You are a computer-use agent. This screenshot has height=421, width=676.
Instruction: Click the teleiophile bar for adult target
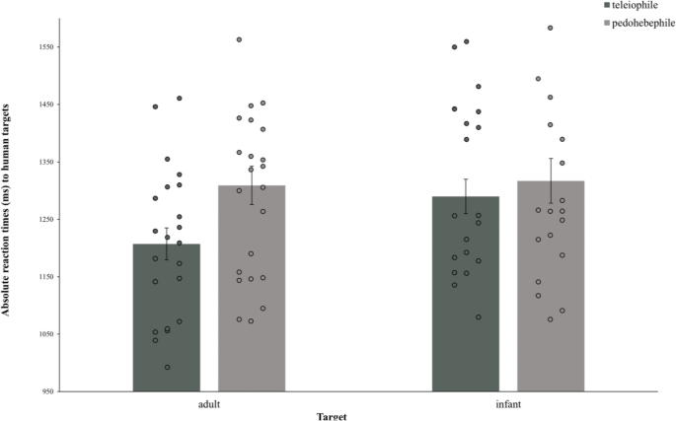(x=166, y=316)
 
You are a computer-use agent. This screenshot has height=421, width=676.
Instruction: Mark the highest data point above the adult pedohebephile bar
(x=239, y=39)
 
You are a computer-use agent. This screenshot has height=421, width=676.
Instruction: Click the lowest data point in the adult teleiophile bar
(x=167, y=368)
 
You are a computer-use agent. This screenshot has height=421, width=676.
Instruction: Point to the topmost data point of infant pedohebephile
(x=550, y=28)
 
